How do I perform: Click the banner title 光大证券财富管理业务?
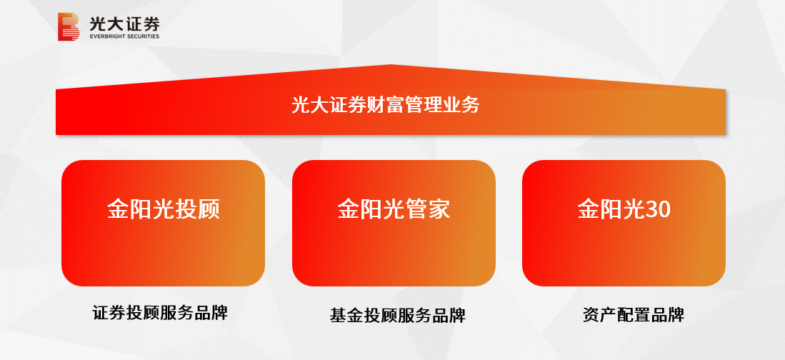click(385, 105)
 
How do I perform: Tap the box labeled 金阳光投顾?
click(163, 223)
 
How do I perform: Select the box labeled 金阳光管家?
click(394, 223)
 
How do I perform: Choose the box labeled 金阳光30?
click(624, 223)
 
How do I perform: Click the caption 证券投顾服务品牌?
click(160, 312)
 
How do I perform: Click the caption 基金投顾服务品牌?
click(397, 315)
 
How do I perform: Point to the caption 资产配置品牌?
click(633, 315)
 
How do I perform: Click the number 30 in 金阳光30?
click(658, 209)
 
